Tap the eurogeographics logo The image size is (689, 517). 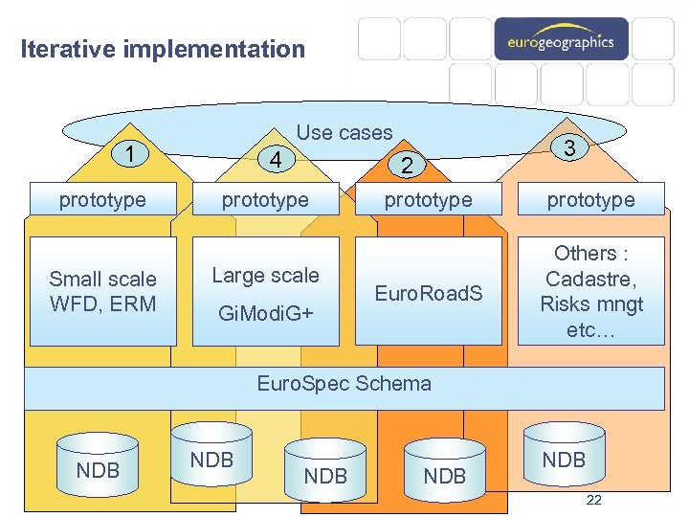[561, 41]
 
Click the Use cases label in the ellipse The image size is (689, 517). [344, 133]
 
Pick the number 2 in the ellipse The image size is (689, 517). [407, 166]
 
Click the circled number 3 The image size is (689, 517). [569, 148]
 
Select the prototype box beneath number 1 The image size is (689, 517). [102, 199]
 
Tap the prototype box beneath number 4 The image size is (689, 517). [265, 199]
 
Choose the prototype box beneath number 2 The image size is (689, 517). [428, 199]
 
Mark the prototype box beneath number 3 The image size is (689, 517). [590, 199]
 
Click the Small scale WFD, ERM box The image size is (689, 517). [102, 291]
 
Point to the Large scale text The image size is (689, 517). [265, 276]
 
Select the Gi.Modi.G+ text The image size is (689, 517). [265, 313]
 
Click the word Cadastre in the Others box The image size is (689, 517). [590, 279]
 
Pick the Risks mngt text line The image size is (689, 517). [590, 304]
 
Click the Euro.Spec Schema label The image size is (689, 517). [344, 384]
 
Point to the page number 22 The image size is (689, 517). [593, 500]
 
